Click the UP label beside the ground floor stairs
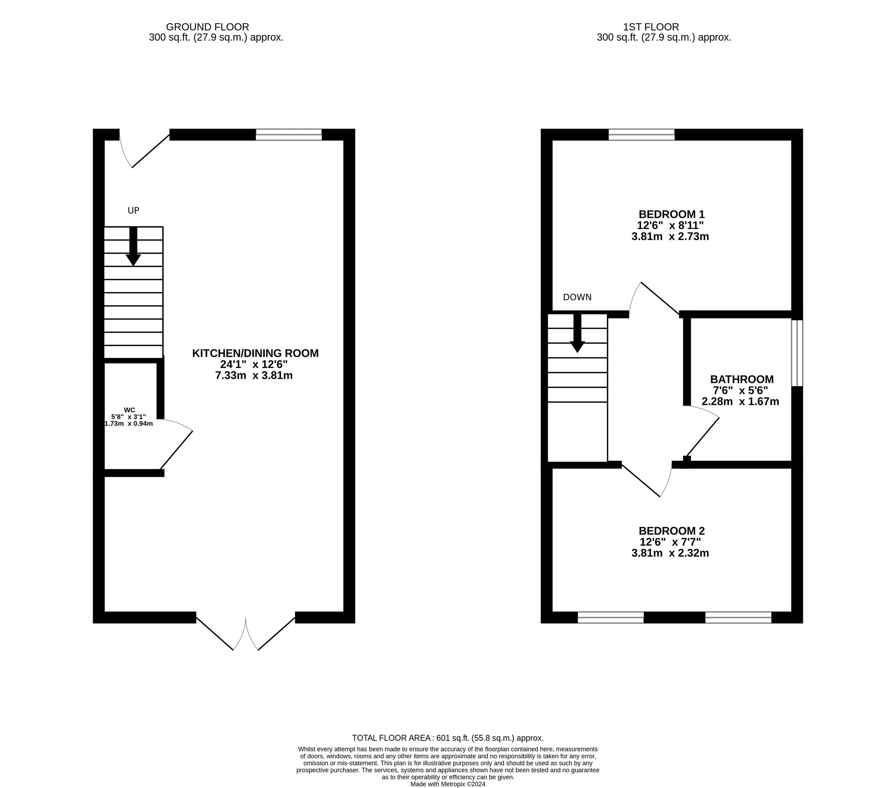pos(133,211)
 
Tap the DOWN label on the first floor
pos(577,297)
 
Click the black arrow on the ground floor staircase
pos(133,246)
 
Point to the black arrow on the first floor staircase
pos(577,333)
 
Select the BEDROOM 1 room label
pos(672,214)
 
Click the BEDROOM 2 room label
pos(672,531)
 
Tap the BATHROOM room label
pos(742,379)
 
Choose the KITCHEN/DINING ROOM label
pos(255,353)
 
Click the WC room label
pos(129,410)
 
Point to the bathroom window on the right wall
pos(797,353)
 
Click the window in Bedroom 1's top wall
pos(641,135)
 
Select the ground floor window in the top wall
pos(288,135)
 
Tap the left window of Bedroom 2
pos(611,618)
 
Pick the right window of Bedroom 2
pos(738,618)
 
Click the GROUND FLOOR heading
pos(207,27)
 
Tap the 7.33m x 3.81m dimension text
pos(254,376)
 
